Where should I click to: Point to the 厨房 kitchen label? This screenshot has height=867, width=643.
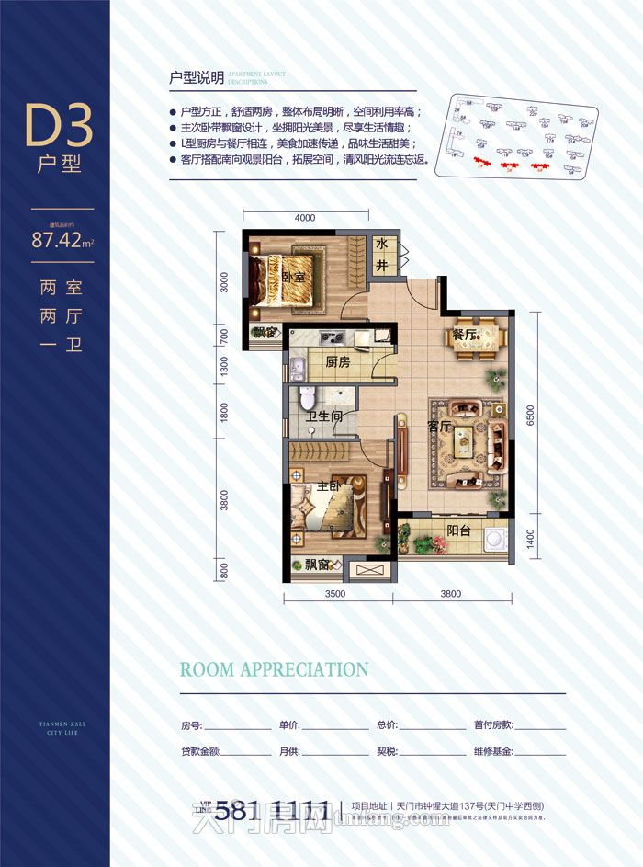(x=337, y=362)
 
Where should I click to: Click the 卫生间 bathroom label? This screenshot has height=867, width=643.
(x=323, y=416)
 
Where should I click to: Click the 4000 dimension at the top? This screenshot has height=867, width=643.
(x=305, y=219)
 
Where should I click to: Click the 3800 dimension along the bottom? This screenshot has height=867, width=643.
(x=450, y=594)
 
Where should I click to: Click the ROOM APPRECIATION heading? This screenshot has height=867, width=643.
(x=274, y=669)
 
